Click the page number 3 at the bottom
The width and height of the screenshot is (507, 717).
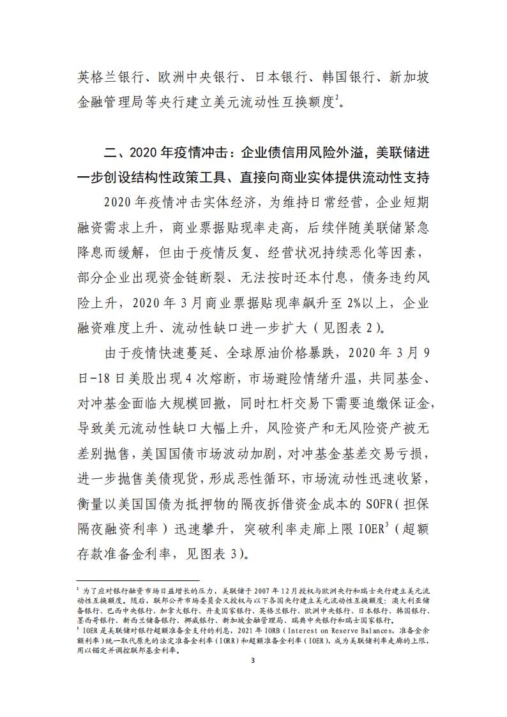tap(253, 678)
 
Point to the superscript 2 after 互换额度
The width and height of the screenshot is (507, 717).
tap(336, 97)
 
